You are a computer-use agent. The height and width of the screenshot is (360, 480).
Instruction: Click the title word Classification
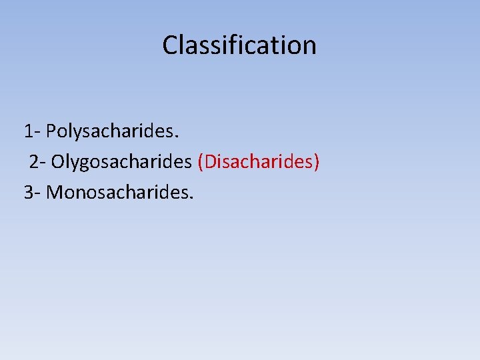tap(239, 45)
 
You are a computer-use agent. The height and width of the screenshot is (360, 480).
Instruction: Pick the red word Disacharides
tap(259, 161)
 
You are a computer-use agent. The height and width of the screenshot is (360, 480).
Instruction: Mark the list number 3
tap(29, 193)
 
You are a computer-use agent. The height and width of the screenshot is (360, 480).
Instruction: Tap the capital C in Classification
tap(169, 45)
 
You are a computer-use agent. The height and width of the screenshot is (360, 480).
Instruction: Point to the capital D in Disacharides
tap(212, 161)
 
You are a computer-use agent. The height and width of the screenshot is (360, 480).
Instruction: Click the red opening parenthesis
tap(201, 161)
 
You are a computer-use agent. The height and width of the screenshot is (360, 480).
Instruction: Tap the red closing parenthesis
tap(317, 161)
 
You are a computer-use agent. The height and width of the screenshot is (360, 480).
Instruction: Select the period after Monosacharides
tap(191, 198)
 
